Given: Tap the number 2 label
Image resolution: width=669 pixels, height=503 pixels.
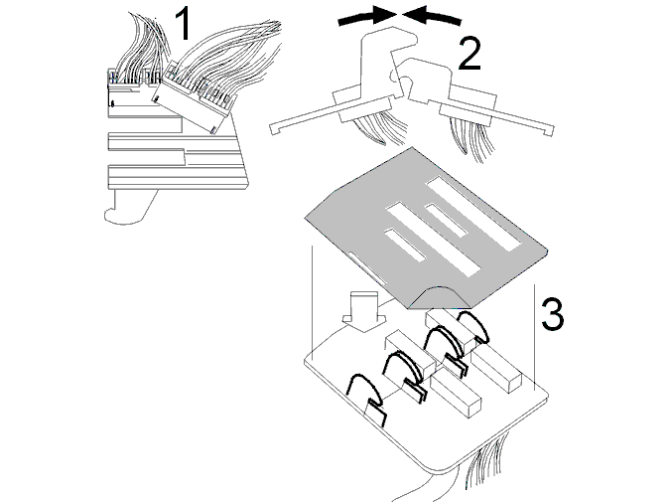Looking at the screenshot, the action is (x=469, y=54).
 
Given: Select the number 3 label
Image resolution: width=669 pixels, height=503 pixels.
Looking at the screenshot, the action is (x=553, y=314).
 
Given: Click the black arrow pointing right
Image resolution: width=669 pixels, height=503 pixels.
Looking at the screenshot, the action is (x=368, y=17).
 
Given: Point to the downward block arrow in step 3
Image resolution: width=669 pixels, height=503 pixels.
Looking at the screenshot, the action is (x=364, y=312).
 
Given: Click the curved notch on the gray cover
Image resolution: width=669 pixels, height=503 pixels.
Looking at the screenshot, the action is (x=439, y=296).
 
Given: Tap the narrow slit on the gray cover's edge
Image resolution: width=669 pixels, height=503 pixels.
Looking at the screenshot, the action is (x=367, y=268).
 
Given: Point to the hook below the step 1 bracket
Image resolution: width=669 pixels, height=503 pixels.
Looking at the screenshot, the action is (x=128, y=208).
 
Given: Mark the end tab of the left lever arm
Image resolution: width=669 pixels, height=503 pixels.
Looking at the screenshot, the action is (x=276, y=127).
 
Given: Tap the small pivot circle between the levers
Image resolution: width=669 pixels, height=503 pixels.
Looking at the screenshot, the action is (x=396, y=76).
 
